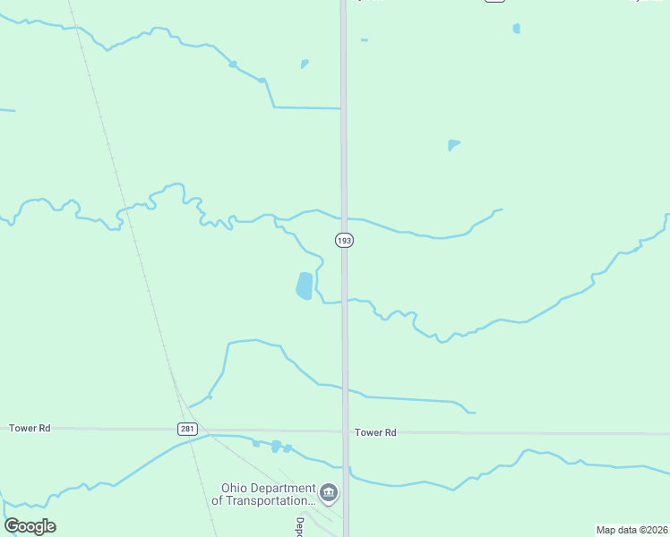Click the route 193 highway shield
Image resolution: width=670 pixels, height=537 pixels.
tap(345, 241)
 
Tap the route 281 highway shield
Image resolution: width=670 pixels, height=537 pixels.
tap(186, 429)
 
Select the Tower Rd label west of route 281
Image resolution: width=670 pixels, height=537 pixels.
tap(30, 429)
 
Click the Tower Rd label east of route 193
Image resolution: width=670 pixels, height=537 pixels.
tap(375, 432)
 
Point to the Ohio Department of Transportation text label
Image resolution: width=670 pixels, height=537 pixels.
tap(264, 494)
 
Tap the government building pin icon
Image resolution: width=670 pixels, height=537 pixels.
tap(329, 492)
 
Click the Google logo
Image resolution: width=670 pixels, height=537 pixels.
tap(30, 526)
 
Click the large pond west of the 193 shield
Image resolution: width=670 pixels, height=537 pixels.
tap(305, 286)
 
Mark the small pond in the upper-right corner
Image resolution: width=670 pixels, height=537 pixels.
tap(517, 29)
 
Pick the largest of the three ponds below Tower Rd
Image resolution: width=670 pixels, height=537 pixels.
tap(276, 446)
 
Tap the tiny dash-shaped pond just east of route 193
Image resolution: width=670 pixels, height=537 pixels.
tap(364, 40)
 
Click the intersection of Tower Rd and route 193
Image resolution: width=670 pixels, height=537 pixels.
tap(345, 431)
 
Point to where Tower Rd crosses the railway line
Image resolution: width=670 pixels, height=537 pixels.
tap(182, 430)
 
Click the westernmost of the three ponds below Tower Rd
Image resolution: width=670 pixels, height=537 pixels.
tap(256, 443)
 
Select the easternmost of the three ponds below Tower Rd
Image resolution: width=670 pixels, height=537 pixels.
tap(288, 447)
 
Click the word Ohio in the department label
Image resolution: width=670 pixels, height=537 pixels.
tap(237, 488)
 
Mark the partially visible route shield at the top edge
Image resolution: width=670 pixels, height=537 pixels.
tap(495, 1)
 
